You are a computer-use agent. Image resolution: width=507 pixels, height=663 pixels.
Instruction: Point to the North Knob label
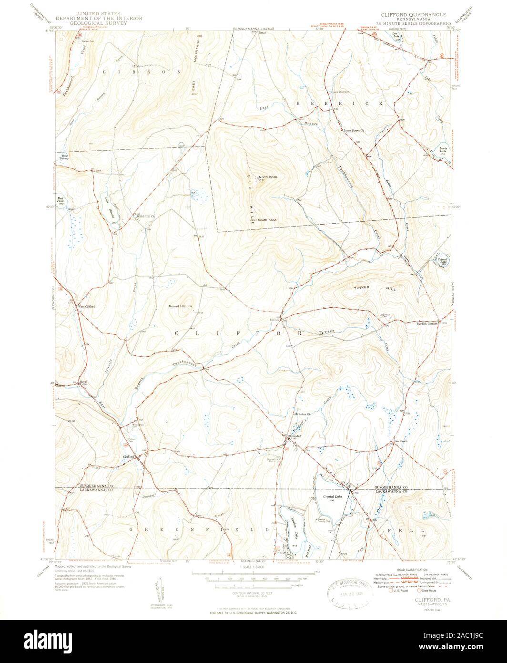[x=268, y=177]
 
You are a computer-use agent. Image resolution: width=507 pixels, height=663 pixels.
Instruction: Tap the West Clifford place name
[x=86, y=306]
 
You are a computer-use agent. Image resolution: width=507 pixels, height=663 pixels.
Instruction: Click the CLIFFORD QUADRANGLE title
[x=410, y=15]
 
